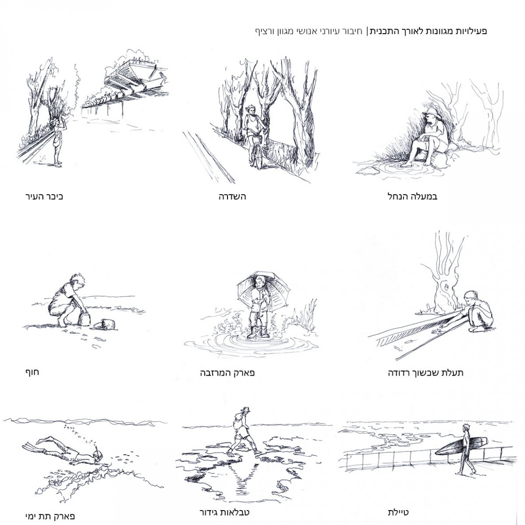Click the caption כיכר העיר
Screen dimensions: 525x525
pyautogui.click(x=44, y=196)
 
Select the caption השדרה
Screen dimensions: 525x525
pyautogui.click(x=232, y=196)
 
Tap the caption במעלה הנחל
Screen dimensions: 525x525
pyautogui.click(x=412, y=196)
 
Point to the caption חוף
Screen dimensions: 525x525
pyautogui.click(x=32, y=372)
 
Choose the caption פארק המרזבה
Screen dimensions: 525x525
pyautogui.click(x=227, y=372)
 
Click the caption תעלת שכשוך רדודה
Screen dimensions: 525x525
pyautogui.click(x=425, y=372)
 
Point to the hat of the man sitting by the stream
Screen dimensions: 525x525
pyautogui.click(x=429, y=111)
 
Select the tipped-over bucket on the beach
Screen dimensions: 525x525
pyautogui.click(x=104, y=324)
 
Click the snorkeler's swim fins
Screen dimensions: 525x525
pyautogui.click(x=37, y=445)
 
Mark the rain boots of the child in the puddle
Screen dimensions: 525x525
pyautogui.click(x=256, y=332)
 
